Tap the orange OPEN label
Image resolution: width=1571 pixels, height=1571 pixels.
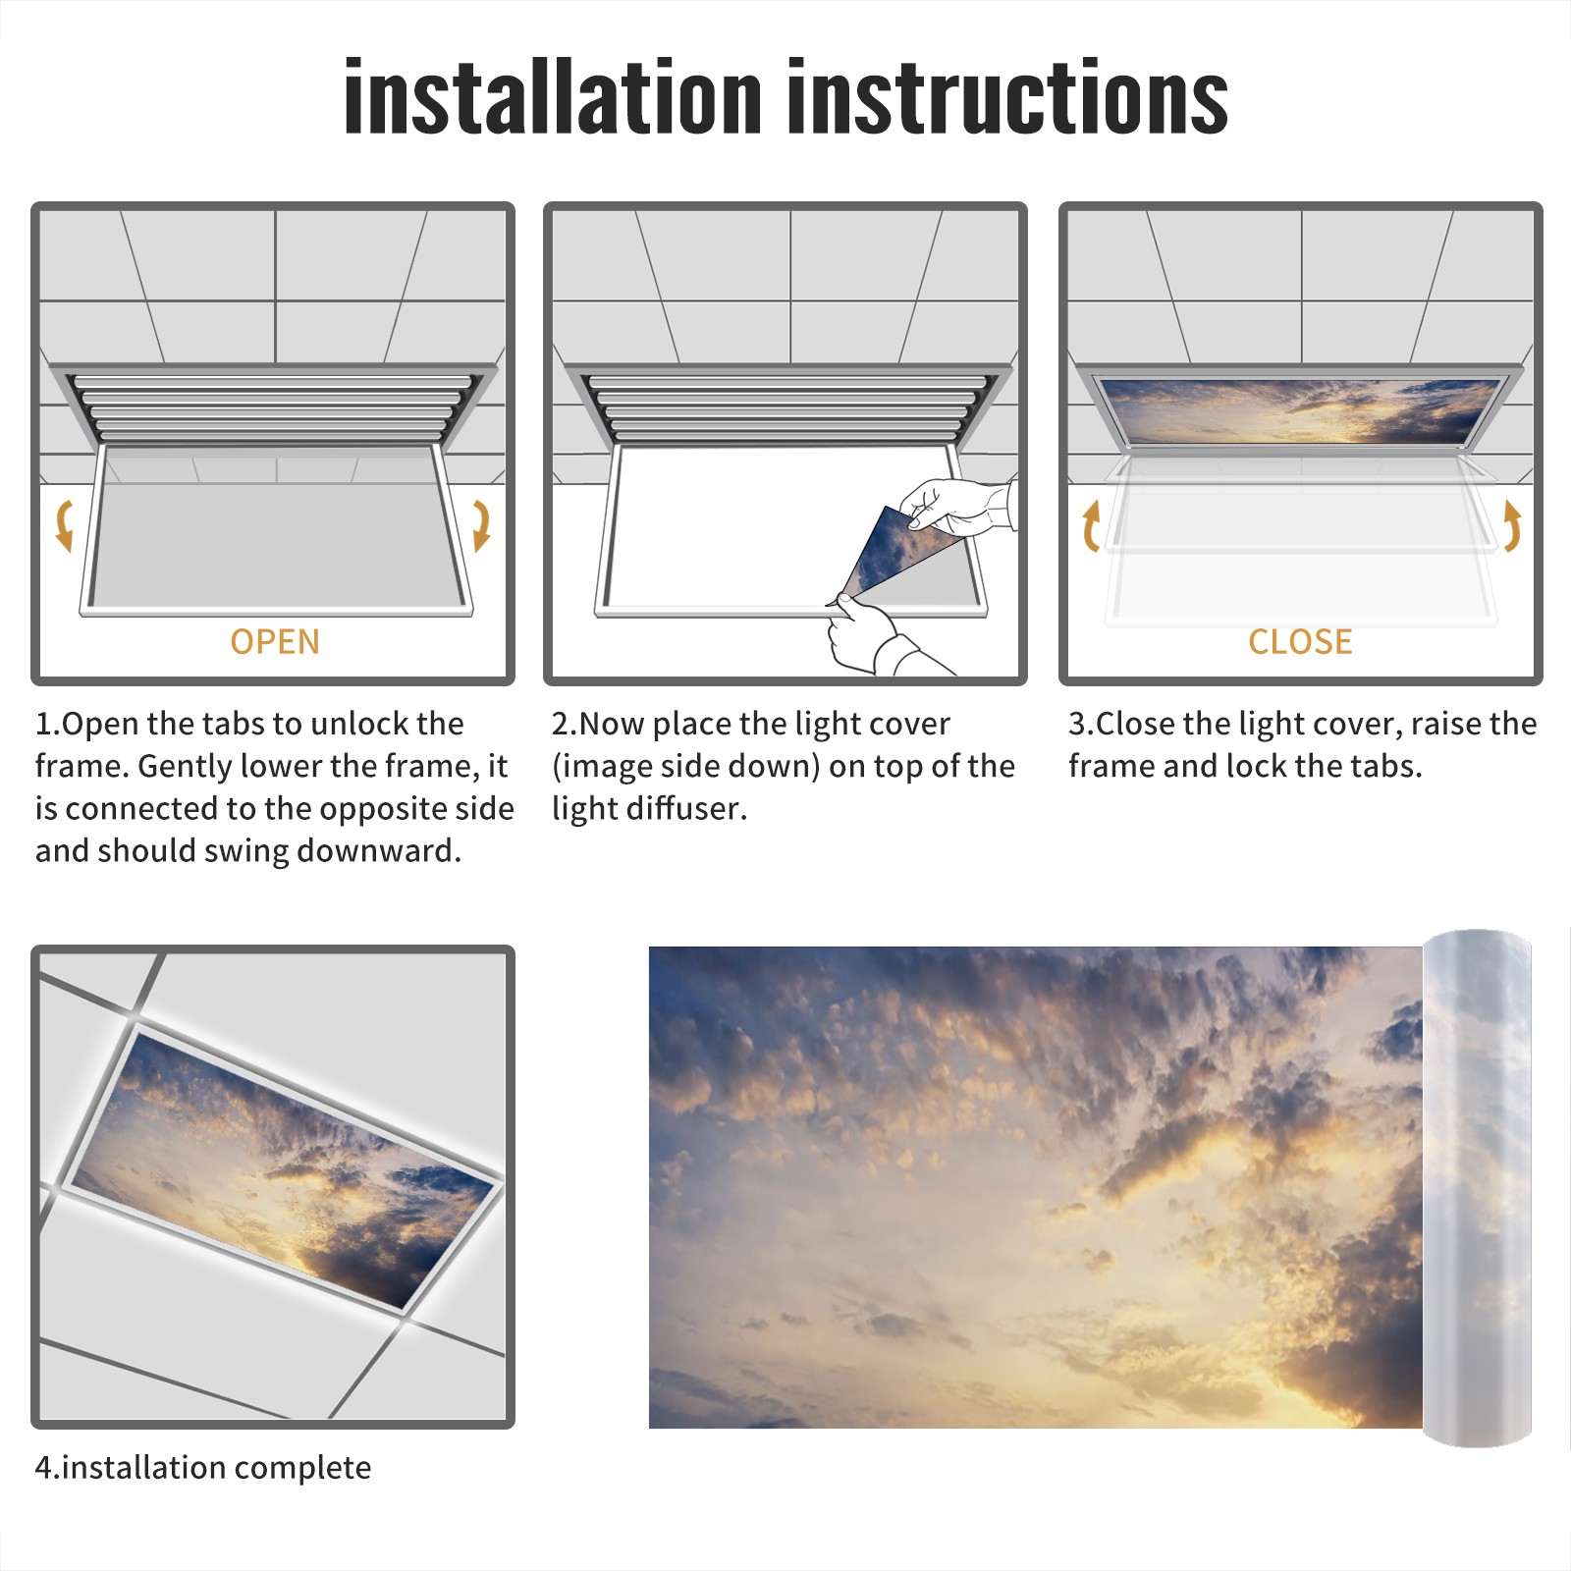coord(275,642)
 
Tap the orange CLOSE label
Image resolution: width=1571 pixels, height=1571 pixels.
coord(1300,642)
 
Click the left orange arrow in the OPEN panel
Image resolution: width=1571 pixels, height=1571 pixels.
coord(65,525)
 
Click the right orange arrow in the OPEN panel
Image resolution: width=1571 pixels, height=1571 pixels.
coord(481,525)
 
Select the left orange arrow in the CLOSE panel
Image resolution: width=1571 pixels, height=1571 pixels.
coord(1091,525)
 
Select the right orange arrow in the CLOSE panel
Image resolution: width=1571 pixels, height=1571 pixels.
coord(1512,525)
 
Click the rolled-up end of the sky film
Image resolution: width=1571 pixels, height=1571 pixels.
coord(1477,1188)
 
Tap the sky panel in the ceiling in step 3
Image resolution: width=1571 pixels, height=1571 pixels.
coord(1301,410)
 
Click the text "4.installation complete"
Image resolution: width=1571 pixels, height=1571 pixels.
coord(203,1468)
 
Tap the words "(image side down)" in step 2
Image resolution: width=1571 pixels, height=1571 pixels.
coord(685,766)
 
